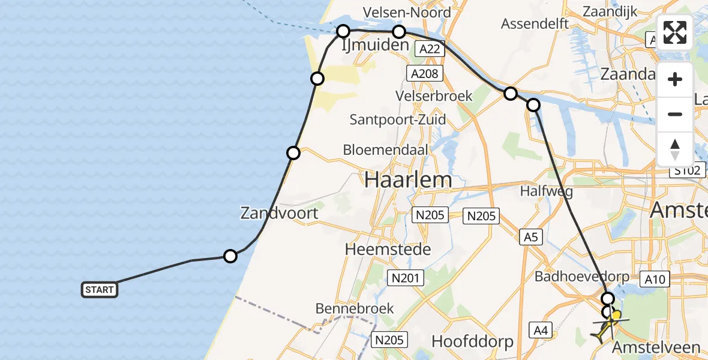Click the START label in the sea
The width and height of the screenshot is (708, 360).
pos(100,290)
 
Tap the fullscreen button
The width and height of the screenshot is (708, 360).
pos(675,32)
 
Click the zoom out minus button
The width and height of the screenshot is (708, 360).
pos(675,114)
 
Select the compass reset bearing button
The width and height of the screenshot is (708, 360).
pos(675,149)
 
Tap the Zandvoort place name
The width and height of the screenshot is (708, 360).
pos(279,212)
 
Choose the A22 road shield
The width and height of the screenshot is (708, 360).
pos(430,49)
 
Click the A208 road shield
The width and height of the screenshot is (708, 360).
pos(425,73)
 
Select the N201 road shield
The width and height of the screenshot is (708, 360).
pos(406,278)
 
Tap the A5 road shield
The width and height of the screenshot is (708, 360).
pos(530,238)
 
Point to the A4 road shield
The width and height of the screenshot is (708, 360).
pos(541,329)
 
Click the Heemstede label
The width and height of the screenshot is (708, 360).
pos(388,249)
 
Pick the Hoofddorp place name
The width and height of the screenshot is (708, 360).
pos(473,342)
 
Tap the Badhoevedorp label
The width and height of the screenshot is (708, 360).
pos(582,277)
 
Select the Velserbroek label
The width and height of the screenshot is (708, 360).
pos(434,96)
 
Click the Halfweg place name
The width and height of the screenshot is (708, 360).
pos(539,191)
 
